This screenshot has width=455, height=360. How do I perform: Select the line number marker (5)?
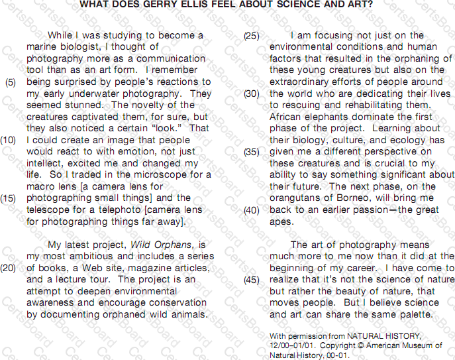click(11, 82)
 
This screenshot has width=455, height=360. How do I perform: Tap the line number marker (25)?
click(251, 36)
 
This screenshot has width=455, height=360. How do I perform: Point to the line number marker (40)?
click(251, 210)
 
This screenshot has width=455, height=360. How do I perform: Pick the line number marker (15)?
click(9, 198)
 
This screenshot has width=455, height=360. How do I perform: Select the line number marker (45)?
click(251, 280)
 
